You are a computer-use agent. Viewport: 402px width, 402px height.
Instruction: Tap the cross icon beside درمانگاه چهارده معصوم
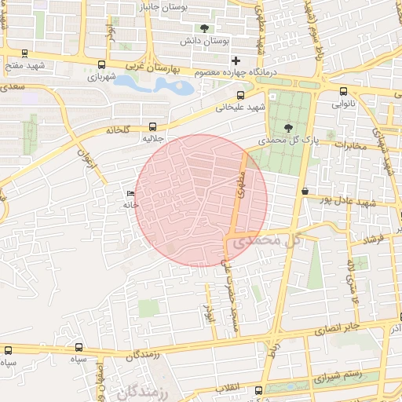click(236, 60)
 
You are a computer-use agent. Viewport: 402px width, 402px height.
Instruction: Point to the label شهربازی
click(101, 78)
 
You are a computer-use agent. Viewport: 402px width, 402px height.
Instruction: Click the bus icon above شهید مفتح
click(24, 54)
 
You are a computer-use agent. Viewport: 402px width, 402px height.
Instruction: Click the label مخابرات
click(349, 145)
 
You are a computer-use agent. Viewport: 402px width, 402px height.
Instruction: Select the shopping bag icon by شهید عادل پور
click(304, 192)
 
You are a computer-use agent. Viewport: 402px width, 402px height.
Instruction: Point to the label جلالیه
click(152, 138)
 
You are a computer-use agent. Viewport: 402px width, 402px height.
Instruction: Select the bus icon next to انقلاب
click(258, 390)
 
